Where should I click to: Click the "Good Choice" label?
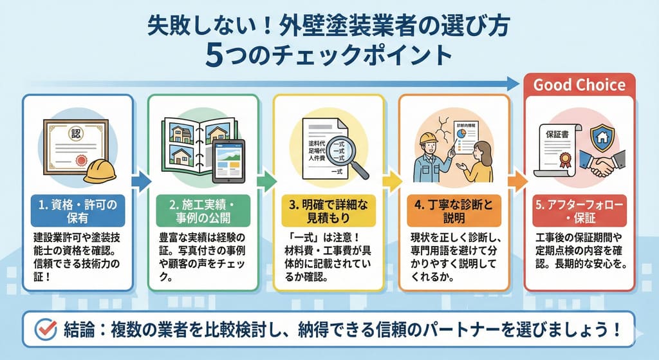(x=579, y=85)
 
